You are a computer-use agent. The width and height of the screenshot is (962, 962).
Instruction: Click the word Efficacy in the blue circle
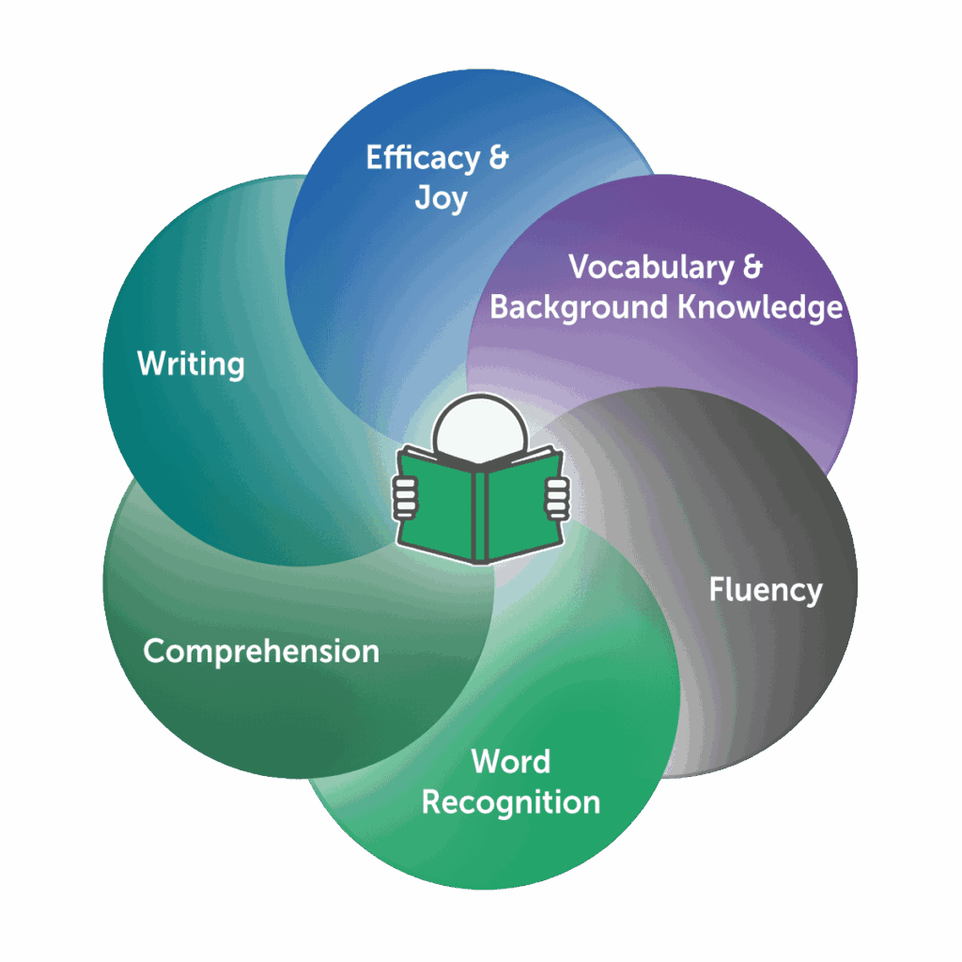(x=421, y=159)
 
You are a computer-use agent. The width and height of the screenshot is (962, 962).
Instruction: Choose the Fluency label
(x=766, y=590)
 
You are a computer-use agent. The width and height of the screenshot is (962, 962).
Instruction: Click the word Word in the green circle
(x=511, y=761)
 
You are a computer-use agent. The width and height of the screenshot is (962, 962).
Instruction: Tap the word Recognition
(x=510, y=802)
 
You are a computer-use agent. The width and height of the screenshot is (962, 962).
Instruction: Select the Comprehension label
(x=261, y=651)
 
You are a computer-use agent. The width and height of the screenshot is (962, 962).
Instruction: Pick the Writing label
(x=191, y=364)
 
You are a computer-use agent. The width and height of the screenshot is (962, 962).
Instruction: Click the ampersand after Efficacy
(x=497, y=158)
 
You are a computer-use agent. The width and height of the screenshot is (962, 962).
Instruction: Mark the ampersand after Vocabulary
(x=752, y=268)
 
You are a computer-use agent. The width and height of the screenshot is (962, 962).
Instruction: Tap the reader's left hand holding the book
(x=405, y=495)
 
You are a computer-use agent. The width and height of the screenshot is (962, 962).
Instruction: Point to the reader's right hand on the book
(x=557, y=495)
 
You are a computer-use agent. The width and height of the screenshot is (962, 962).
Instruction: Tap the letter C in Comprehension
(x=154, y=651)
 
